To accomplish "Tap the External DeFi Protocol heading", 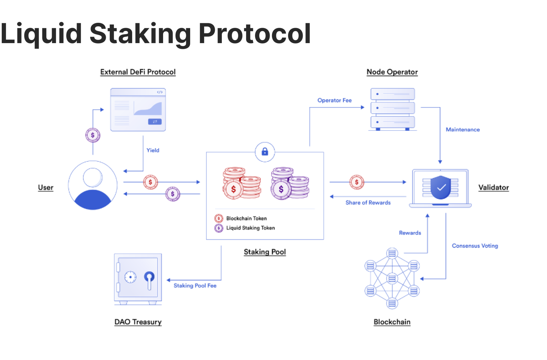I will click(138, 72).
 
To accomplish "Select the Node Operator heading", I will click(392, 72).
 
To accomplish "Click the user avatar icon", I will click(93, 185).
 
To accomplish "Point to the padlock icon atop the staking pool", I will click(265, 152).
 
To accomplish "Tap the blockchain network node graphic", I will click(392, 278).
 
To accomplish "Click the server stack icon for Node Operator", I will click(392, 109).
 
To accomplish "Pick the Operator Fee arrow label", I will click(334, 101).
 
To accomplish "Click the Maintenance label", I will click(463, 130).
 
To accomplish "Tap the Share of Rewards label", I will click(368, 202).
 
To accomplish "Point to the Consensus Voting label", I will click(475, 246).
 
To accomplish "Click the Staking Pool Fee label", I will click(195, 286).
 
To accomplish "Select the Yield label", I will click(153, 150).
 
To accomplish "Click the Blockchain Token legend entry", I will click(246, 218).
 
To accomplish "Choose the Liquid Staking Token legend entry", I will click(250, 228).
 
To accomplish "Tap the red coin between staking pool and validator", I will click(356, 182).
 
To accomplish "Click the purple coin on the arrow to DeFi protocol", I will click(93, 135).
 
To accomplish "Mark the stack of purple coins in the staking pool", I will click(290, 183).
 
